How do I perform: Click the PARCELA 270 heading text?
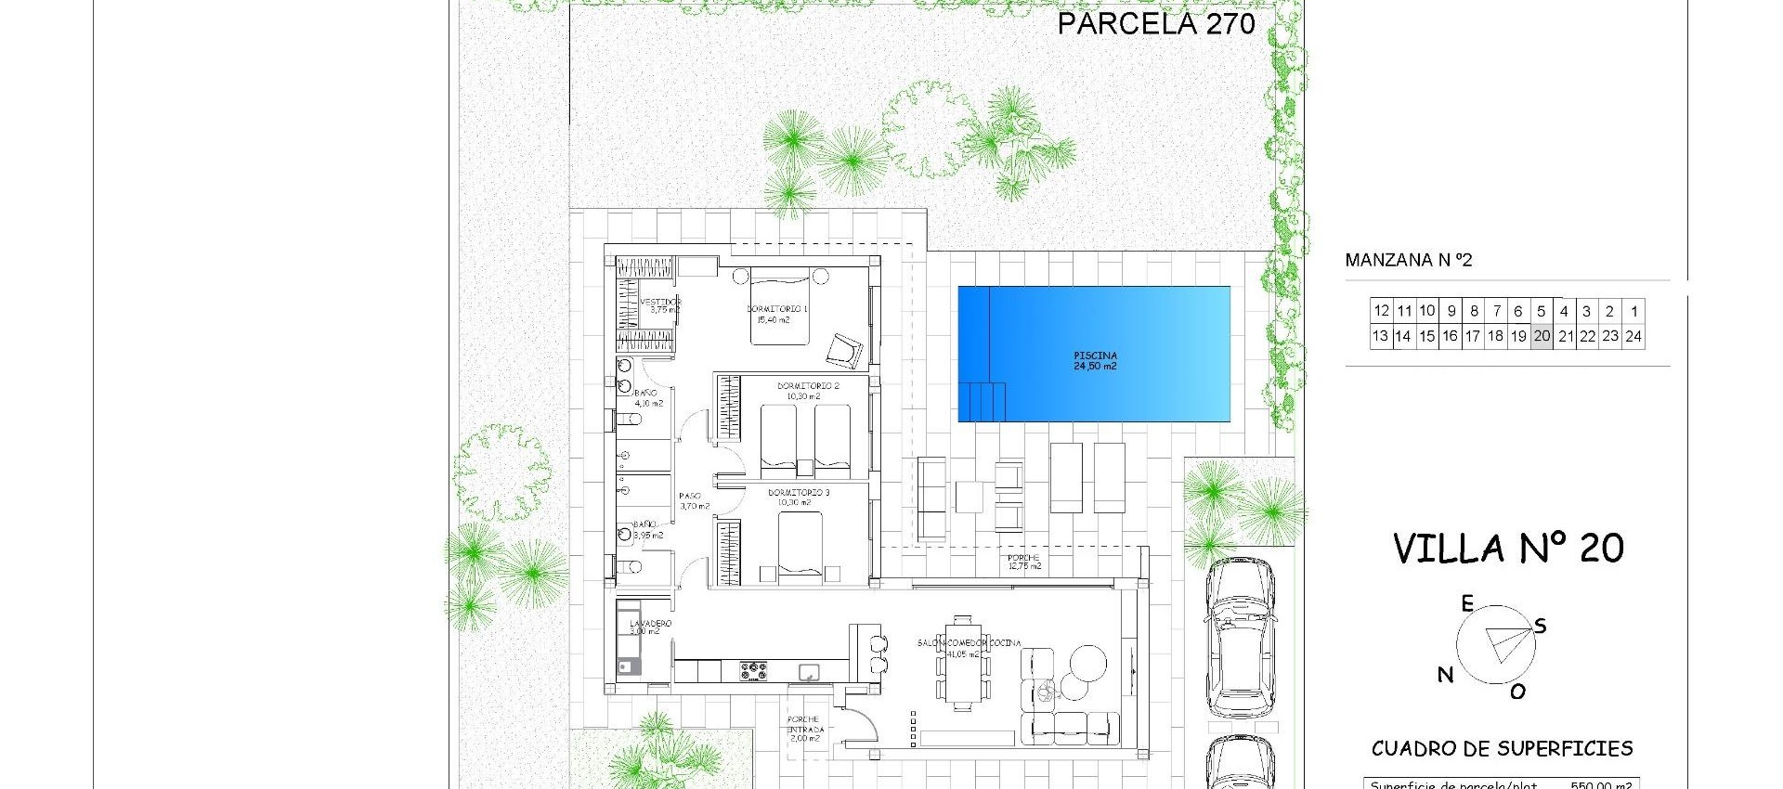point(1156,24)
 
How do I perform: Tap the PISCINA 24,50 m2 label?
point(1095,361)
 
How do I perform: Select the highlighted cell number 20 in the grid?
point(1542,336)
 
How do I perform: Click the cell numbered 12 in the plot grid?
point(1381,311)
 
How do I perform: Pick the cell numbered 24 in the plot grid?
point(1633,336)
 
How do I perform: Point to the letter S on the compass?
point(1540,627)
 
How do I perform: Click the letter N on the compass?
point(1445,675)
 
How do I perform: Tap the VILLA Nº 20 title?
point(1508,549)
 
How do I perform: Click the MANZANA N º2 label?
point(1409,261)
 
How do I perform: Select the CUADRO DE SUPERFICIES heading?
point(1502,748)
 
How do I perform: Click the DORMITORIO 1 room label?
point(777,309)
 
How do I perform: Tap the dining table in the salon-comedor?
point(962,661)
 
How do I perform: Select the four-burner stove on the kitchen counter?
point(753,670)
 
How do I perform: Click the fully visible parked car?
point(1241,638)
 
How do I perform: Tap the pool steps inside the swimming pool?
point(986,401)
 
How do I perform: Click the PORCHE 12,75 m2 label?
point(1024,562)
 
